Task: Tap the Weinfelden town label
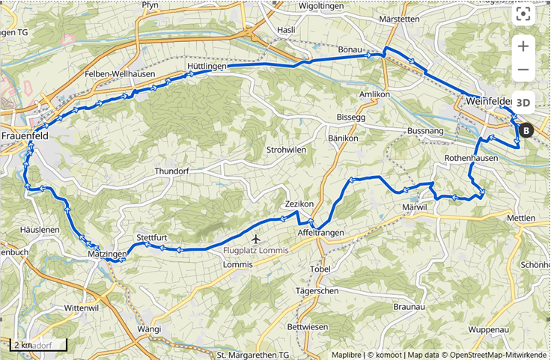click(x=489, y=101)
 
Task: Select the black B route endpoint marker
click(x=526, y=131)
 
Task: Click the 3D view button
click(x=524, y=102)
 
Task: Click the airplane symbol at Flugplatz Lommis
click(x=258, y=240)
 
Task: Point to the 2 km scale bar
click(x=38, y=345)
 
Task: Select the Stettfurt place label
click(x=151, y=238)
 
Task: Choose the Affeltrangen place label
click(x=320, y=233)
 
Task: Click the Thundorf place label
click(x=174, y=171)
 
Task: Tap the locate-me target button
click(x=524, y=14)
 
